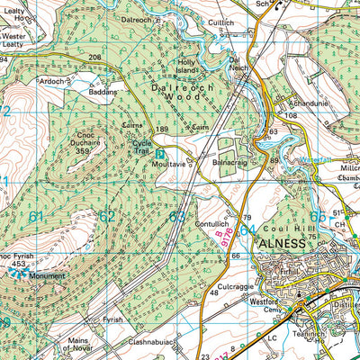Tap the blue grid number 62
(x=107, y=216)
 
